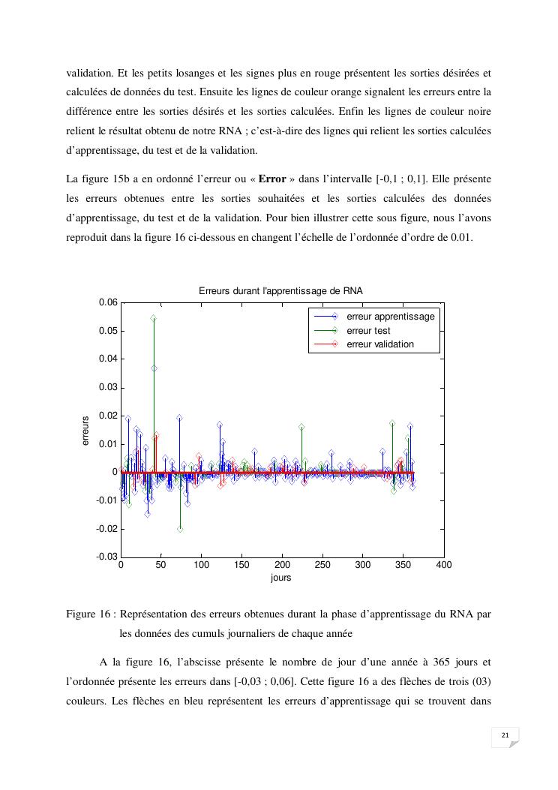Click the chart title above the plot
point(280,290)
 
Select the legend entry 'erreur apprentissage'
point(391,317)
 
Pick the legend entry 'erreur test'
point(368,331)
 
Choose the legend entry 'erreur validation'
point(380,345)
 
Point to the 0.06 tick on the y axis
point(108,303)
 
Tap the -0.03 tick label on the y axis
point(106,557)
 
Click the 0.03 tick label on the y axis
point(108,388)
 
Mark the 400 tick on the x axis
point(443,566)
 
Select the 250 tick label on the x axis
point(322,566)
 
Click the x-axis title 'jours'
point(281,578)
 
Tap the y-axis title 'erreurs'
point(85,431)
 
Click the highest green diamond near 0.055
point(153,318)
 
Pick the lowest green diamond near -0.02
point(180,529)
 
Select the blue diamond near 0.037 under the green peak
point(154,368)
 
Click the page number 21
point(505,734)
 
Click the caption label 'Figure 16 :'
point(90,614)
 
